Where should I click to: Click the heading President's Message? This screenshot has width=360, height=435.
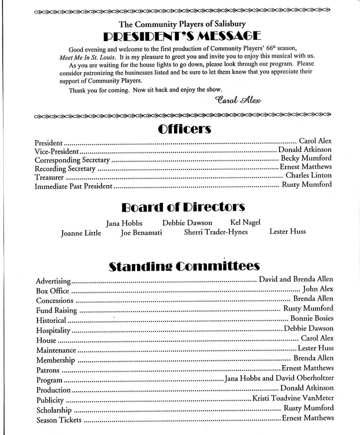pos(182,36)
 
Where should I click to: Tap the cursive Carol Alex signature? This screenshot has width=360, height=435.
pos(237,99)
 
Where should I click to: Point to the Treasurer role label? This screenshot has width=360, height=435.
pos(49,178)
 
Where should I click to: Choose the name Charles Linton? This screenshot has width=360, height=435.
pos(309,176)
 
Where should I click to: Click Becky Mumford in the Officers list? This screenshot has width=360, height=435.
pos(306,158)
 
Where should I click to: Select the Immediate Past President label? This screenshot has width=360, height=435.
pos(73,187)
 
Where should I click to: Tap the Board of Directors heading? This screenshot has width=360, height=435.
pos(183,207)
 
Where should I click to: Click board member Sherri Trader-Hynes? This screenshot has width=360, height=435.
pos(216,232)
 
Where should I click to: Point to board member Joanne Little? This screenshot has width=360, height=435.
pos(81,233)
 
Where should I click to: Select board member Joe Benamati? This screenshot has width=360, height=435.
pos(141,233)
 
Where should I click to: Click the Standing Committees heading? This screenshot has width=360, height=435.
pos(184,266)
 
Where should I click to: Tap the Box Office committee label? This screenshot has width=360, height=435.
pos(53,291)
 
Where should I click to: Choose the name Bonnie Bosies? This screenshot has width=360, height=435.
pos(312,319)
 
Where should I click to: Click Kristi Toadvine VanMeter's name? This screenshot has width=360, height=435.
pos(293,398)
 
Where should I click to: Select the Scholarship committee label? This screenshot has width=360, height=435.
pos(54,410)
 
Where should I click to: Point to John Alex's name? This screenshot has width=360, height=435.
pos(318,289)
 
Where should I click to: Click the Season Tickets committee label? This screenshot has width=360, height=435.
pos(59,420)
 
